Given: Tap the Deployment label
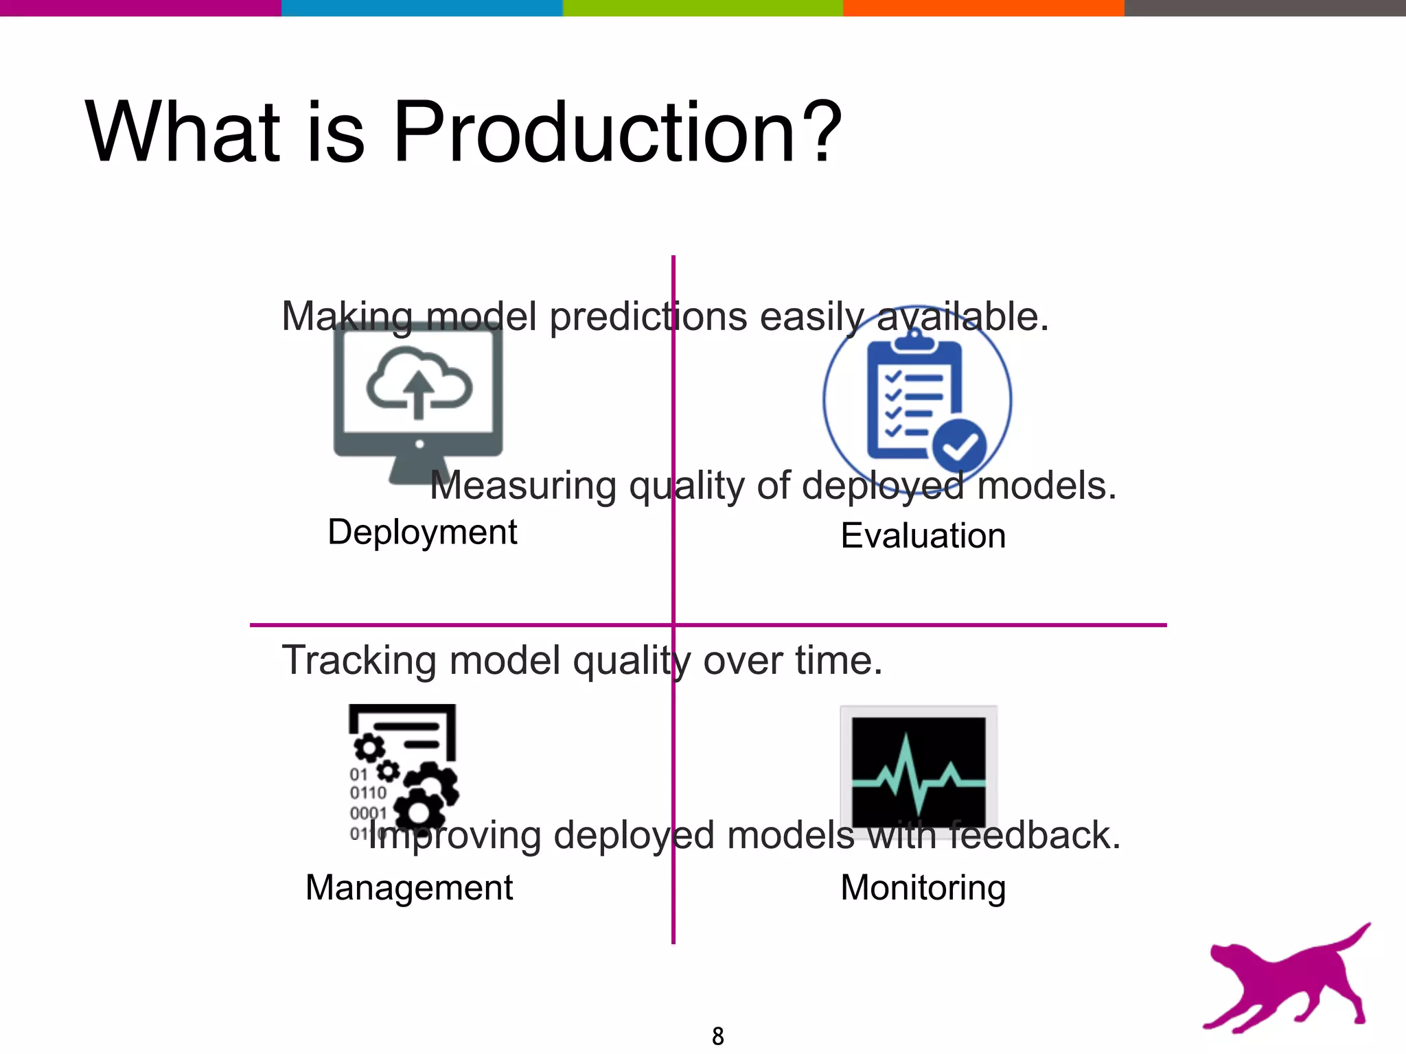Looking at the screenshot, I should pyautogui.click(x=422, y=532).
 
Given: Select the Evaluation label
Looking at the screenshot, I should pyautogui.click(x=923, y=536).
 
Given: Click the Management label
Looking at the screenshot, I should pyautogui.click(x=409, y=887).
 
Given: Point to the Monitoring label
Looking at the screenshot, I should pyautogui.click(x=923, y=887).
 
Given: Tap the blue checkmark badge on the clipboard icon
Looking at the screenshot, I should pyautogui.click(x=960, y=446).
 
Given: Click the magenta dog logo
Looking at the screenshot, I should pyautogui.click(x=1287, y=981).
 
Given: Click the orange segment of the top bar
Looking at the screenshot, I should pyautogui.click(x=983, y=8).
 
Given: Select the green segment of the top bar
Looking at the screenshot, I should pyautogui.click(x=702, y=8).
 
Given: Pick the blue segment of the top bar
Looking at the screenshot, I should pyautogui.click(x=422, y=8).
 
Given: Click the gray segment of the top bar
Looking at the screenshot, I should pyautogui.click(x=1265, y=8).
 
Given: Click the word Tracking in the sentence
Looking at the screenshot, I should pyautogui.click(x=358, y=661).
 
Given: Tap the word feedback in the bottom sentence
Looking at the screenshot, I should pyautogui.click(x=1034, y=836).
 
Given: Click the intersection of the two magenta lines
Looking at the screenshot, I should pyautogui.click(x=673, y=624).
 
